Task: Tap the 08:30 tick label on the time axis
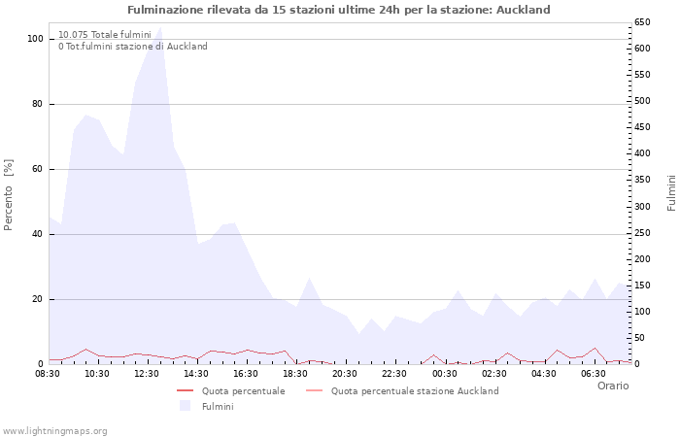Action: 48,374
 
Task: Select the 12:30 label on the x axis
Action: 147,374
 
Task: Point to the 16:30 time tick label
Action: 246,374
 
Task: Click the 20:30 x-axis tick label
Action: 345,374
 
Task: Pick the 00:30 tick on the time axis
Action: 444,374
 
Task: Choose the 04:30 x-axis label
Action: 544,374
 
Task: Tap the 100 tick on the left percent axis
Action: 35,39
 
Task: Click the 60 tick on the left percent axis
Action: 37,169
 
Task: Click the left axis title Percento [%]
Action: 10,194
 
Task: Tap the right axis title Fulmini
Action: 671,192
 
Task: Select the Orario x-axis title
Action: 612,386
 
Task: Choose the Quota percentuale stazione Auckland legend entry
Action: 415,391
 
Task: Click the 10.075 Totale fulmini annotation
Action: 104,35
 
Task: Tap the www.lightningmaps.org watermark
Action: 55,431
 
